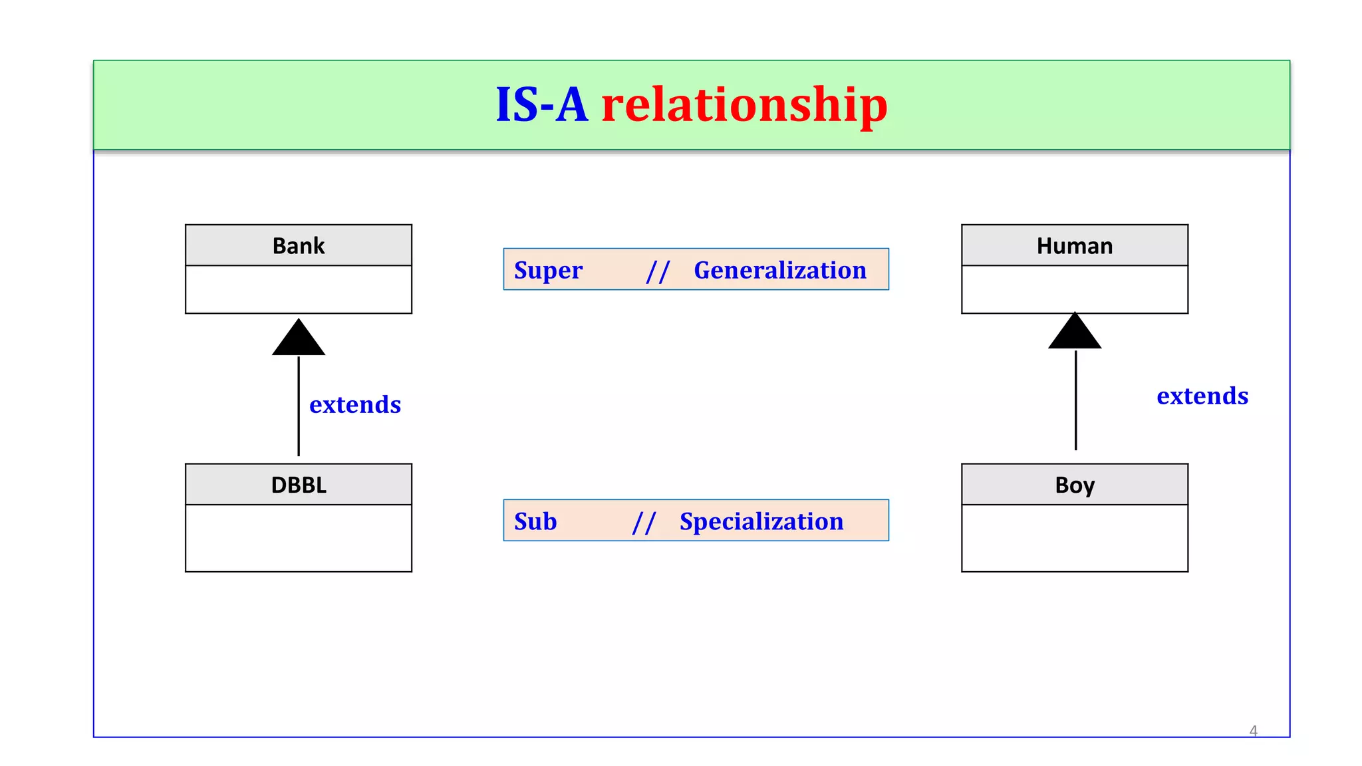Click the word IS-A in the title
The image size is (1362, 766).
click(x=541, y=105)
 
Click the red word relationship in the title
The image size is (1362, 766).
click(x=744, y=105)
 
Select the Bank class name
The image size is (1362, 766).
click(x=299, y=246)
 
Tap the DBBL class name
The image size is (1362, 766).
click(x=299, y=485)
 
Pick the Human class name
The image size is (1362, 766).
click(x=1074, y=246)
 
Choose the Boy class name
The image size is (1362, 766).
click(x=1074, y=485)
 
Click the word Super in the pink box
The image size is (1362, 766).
click(x=548, y=270)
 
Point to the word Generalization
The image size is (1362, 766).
click(x=779, y=270)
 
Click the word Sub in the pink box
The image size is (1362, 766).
click(x=535, y=521)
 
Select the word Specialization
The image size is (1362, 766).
click(x=761, y=521)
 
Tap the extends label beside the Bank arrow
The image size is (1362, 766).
click(x=355, y=404)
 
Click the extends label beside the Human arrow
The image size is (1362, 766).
click(x=1202, y=396)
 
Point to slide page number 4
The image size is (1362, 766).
click(x=1253, y=731)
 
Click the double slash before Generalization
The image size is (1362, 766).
click(x=657, y=271)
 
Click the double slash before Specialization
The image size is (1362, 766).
click(x=644, y=523)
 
